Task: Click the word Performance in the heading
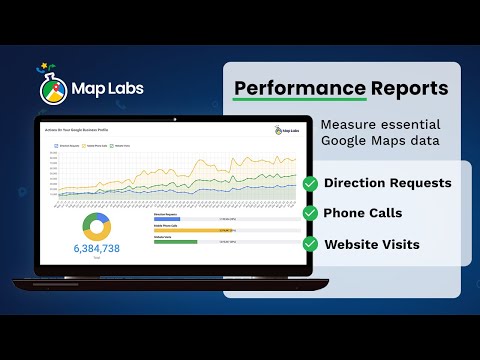pyautogui.click(x=284, y=88)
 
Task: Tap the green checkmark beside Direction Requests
pyautogui.click(x=310, y=184)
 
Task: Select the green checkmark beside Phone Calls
pyautogui.click(x=310, y=213)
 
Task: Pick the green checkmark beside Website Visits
pyautogui.click(x=310, y=243)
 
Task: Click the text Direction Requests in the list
pyautogui.click(x=388, y=184)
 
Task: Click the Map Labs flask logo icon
pyautogui.click(x=56, y=88)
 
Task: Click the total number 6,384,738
pyautogui.click(x=96, y=248)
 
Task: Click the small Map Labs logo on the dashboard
pyautogui.click(x=285, y=130)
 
